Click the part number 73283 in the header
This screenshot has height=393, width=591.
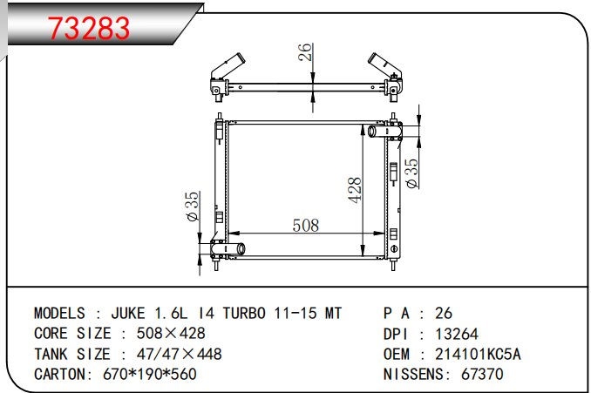89,29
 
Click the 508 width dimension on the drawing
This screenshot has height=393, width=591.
305,225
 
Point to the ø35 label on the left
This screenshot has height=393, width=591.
194,207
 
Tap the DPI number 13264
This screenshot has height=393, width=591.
457,334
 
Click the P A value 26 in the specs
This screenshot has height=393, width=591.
443,313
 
